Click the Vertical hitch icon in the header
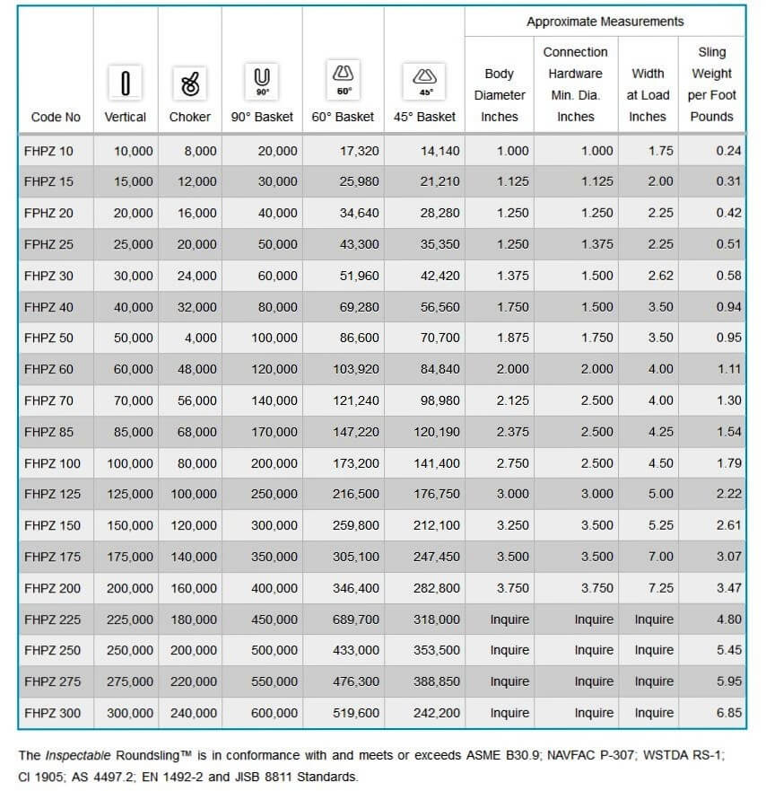(x=126, y=83)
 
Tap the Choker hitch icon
(x=190, y=83)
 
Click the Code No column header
(x=56, y=117)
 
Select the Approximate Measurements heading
(x=605, y=22)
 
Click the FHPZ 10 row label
(x=49, y=151)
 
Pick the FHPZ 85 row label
(x=49, y=432)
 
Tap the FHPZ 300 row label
(x=52, y=713)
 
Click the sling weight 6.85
(x=728, y=713)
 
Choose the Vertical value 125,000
(x=129, y=495)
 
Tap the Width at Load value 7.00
(x=660, y=557)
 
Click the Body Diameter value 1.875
(x=512, y=338)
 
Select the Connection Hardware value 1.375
(x=596, y=244)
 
